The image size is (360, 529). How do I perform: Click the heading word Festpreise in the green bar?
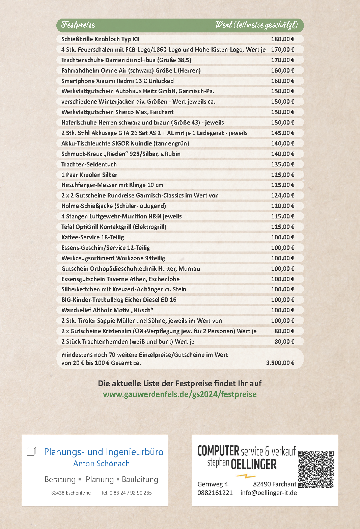coord(78,25)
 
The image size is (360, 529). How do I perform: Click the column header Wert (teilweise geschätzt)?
coord(256,25)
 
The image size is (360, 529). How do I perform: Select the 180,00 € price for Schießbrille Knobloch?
coord(282,39)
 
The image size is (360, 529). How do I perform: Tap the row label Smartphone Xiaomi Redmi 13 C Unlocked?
coord(117,81)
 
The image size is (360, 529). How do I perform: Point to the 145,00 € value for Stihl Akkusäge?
coord(282,133)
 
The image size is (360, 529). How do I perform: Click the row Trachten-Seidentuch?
coord(89,164)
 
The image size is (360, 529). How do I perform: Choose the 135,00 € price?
coord(282,164)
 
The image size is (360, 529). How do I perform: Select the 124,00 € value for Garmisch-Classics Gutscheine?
coord(282,195)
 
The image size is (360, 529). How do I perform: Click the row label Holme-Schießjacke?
coord(114,206)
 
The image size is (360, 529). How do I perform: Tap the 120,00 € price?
coord(282,206)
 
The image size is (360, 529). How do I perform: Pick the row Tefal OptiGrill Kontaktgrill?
coord(114,227)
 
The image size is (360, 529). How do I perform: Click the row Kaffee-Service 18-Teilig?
coord(92,237)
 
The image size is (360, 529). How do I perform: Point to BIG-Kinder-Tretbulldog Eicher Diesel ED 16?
coord(119,300)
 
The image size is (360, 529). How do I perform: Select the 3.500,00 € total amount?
coord(280,363)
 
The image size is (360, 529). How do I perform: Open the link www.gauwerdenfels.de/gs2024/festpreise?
coord(180,394)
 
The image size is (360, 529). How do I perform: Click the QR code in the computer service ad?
coord(316,469)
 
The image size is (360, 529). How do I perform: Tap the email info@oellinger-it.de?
coord(269,493)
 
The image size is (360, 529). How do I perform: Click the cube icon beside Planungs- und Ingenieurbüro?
coord(31,451)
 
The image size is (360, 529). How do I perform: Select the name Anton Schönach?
coord(102,464)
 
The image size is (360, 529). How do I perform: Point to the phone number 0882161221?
coord(215,493)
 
